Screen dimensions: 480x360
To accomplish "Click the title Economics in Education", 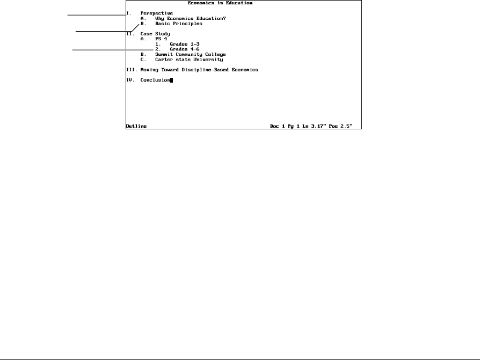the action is tap(220, 3).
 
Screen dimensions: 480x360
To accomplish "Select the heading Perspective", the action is tap(157, 13).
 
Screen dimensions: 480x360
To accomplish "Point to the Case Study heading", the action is tap(155, 34).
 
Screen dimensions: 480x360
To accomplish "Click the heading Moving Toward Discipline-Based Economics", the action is tap(199, 70).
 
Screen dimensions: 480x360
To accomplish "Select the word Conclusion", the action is tap(155, 80).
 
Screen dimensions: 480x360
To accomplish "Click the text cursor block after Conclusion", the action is tap(172, 80).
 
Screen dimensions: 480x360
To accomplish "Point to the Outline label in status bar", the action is tap(136, 126).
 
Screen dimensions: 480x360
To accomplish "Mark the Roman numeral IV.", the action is tap(129, 80).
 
